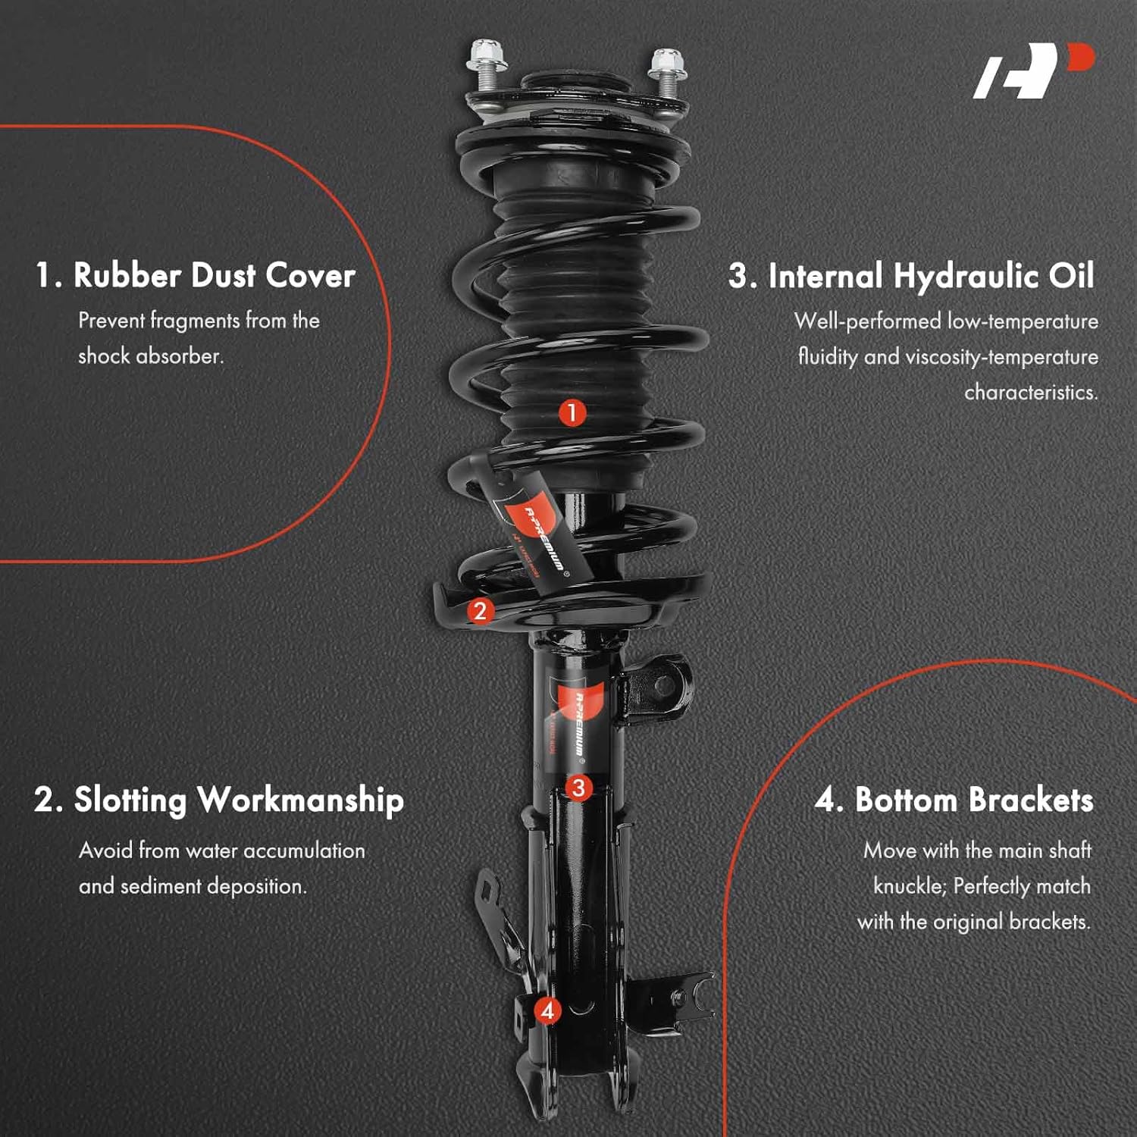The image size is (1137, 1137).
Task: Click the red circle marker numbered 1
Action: pos(572,413)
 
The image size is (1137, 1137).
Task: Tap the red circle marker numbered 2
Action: pos(479,610)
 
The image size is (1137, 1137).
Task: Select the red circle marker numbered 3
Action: pos(578,788)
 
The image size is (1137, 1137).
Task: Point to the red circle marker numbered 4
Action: pos(547,1010)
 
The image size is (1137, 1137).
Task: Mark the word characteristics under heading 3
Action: pos(1030,393)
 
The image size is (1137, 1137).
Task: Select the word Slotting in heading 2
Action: pos(130,801)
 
